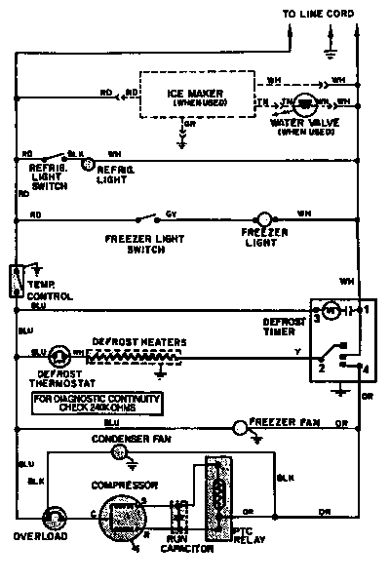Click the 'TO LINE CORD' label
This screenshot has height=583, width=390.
318,13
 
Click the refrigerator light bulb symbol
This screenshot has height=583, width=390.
87,165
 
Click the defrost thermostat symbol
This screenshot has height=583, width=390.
58,357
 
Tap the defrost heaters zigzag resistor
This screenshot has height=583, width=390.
136,358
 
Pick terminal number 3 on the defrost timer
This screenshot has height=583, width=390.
317,319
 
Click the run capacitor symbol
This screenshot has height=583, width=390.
178,515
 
